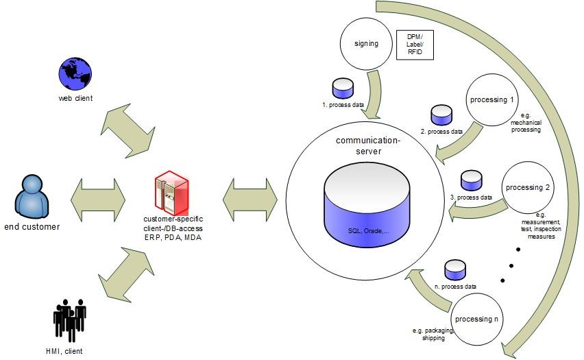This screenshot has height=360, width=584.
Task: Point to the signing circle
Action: (x=367, y=44)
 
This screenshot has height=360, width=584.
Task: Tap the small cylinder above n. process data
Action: (x=454, y=269)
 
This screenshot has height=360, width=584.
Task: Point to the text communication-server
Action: (x=368, y=145)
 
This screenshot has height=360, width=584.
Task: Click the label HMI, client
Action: (x=69, y=352)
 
